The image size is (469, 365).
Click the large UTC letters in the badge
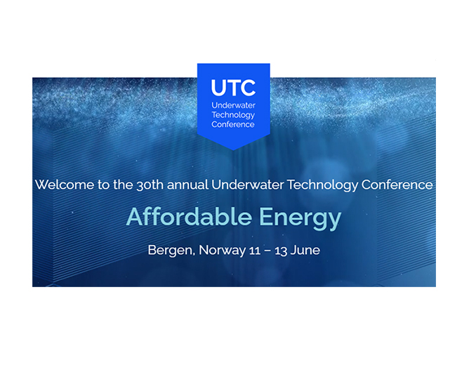234,88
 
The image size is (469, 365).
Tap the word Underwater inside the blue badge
234,105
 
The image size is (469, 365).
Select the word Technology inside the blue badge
234,114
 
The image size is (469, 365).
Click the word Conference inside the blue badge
234,124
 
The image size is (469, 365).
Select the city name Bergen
167,251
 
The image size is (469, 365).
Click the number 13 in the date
279,250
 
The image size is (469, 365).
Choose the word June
305,250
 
